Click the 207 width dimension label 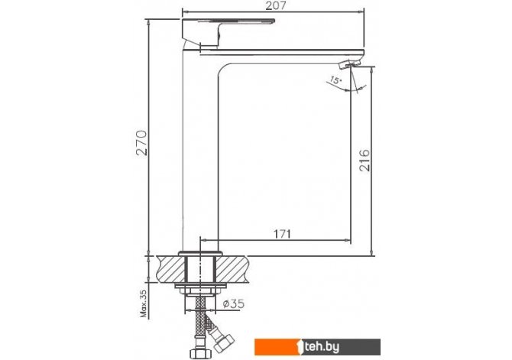[x=275, y=6]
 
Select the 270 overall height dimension [x=141, y=143]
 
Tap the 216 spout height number [x=365, y=161]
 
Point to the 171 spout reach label [x=281, y=234]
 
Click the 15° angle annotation [x=335, y=79]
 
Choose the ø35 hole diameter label [x=234, y=303]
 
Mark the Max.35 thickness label [x=144, y=303]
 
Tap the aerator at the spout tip [x=350, y=63]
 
